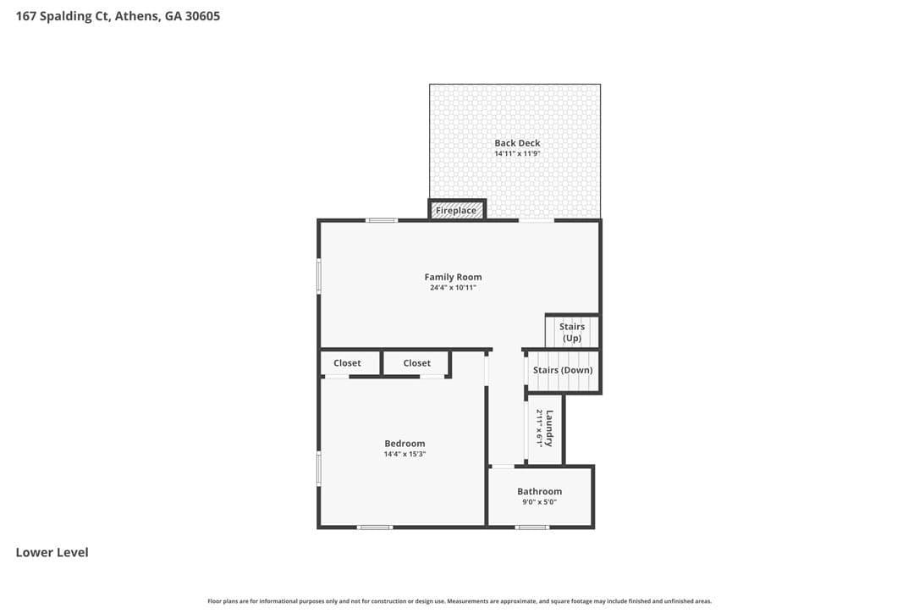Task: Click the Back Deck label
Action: click(x=517, y=142)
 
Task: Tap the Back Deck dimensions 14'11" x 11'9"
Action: click(x=517, y=154)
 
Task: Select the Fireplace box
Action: click(x=457, y=210)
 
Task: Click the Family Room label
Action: click(x=453, y=277)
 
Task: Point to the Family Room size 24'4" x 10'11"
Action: click(x=453, y=287)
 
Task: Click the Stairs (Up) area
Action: click(x=572, y=332)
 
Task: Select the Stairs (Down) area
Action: click(x=563, y=370)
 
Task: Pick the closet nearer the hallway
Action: click(x=416, y=363)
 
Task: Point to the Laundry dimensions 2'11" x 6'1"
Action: click(x=539, y=428)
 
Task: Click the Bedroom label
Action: click(x=405, y=444)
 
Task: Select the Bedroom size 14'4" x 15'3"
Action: click(x=405, y=454)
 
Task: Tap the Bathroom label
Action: click(x=539, y=492)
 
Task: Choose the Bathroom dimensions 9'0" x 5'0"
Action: click(x=539, y=502)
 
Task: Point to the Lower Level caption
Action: click(x=52, y=552)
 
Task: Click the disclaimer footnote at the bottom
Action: click(x=459, y=600)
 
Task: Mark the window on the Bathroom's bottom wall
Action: click(x=532, y=527)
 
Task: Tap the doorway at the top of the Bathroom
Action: click(x=503, y=467)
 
